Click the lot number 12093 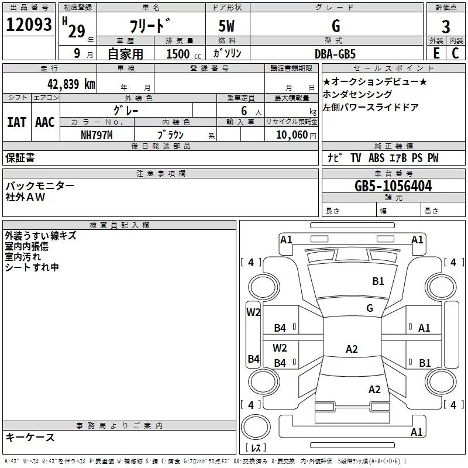29,25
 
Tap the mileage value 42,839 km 71,84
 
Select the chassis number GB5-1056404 393,186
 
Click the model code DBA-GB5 335,54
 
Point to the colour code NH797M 97,135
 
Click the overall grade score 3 446,27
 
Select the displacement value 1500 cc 184,54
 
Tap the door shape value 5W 226,26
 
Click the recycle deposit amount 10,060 291,135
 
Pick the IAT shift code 17,122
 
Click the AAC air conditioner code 45,122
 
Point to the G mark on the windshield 370,308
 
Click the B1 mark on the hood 378,281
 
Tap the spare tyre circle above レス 256,427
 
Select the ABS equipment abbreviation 376,158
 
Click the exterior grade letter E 436,53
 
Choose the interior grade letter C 455,53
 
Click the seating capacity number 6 244,111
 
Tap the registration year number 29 77,31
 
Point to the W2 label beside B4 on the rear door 280,348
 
